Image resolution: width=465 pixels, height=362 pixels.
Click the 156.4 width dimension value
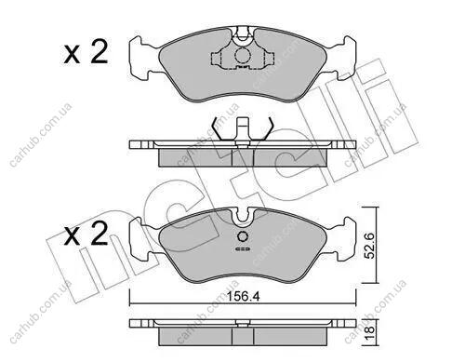click(x=243, y=297)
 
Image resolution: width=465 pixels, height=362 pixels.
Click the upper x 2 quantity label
click(x=86, y=53)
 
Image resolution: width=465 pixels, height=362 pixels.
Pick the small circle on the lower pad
click(x=243, y=236)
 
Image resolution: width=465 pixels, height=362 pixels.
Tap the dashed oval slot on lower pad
click(x=243, y=249)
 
